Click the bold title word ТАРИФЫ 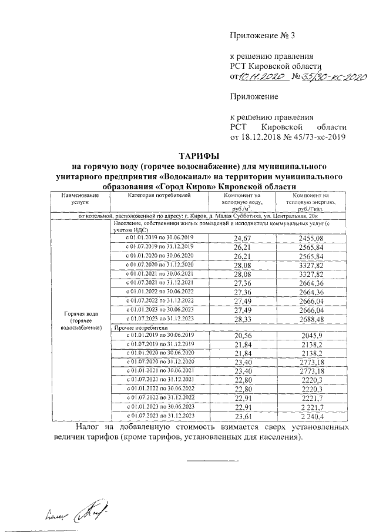click(x=187, y=156)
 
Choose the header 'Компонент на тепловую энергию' click(x=311, y=202)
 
